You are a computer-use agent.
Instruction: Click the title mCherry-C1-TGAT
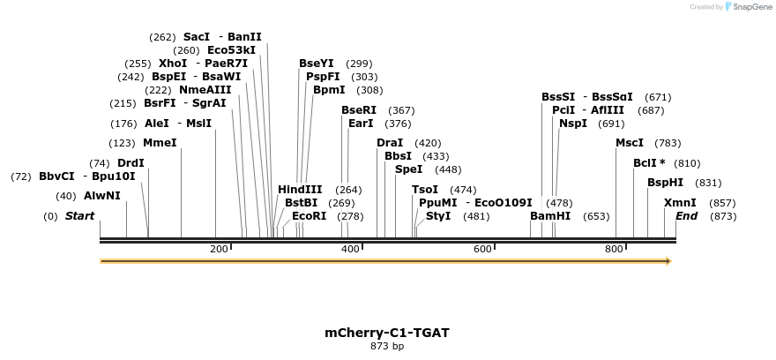click(x=387, y=333)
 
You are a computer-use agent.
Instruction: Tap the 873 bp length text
click(x=387, y=346)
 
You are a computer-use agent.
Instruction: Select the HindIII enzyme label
click(x=300, y=190)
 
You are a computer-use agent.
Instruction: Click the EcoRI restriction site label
click(x=309, y=216)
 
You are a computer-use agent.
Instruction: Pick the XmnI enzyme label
click(x=680, y=203)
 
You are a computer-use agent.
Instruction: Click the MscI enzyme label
click(x=630, y=143)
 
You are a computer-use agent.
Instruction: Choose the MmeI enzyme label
click(x=160, y=143)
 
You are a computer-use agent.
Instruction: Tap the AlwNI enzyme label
click(x=102, y=196)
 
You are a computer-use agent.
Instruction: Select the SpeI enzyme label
click(x=408, y=169)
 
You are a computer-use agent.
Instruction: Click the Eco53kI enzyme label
click(x=231, y=50)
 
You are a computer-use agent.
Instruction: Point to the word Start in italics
click(x=79, y=216)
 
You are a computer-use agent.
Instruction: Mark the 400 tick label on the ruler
click(x=350, y=250)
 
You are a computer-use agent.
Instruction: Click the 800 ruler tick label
click(x=614, y=250)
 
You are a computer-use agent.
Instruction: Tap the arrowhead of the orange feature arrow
click(x=668, y=261)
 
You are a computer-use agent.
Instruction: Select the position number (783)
click(x=668, y=143)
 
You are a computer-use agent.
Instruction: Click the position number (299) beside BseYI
click(x=359, y=64)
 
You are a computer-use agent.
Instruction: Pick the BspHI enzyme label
click(x=665, y=183)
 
